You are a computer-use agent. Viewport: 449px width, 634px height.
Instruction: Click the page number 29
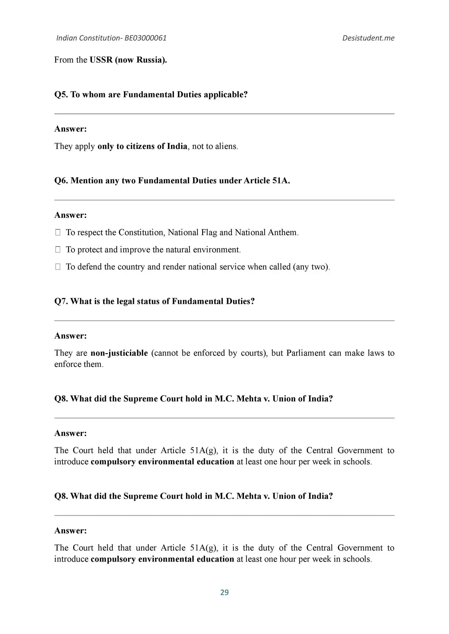point(224,592)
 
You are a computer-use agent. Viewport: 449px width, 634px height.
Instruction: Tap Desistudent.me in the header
point(368,38)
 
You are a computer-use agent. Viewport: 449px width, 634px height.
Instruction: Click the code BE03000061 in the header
point(145,38)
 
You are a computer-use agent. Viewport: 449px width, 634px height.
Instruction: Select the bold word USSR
point(101,60)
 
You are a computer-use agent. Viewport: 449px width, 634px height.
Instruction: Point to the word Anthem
point(283,232)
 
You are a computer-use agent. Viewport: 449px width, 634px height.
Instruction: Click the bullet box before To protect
point(58,250)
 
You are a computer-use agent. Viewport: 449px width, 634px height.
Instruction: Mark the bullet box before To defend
point(58,267)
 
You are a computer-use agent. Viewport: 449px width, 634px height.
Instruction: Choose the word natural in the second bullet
point(178,250)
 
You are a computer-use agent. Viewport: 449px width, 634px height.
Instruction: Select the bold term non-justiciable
point(119,353)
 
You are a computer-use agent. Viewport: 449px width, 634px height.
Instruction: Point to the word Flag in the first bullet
point(209,232)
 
